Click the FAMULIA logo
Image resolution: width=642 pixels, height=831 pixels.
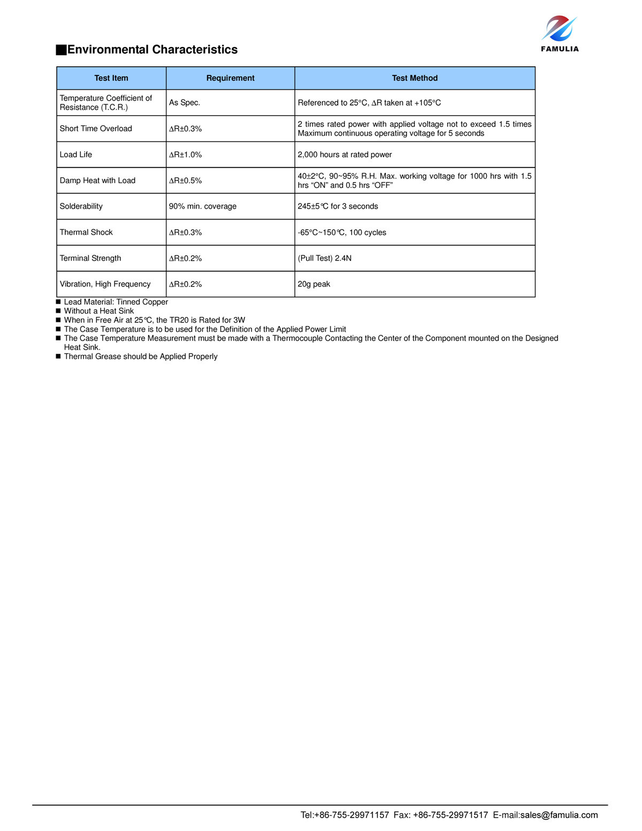[560, 34]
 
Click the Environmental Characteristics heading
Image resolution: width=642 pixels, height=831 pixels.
[152, 50]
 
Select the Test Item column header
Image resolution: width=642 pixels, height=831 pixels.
[111, 78]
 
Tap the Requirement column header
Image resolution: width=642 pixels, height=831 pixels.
[230, 78]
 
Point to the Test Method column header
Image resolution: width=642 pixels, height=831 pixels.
[415, 78]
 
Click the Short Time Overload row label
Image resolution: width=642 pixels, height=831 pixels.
[96, 129]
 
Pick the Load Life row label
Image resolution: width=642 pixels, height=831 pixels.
[76, 155]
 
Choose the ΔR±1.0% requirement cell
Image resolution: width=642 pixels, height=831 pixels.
[186, 155]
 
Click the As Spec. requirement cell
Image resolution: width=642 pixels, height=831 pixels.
[185, 103]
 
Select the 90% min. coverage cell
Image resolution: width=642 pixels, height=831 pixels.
[203, 206]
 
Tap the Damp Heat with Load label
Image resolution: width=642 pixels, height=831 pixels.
[97, 180]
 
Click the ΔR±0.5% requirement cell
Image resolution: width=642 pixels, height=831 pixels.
[186, 181]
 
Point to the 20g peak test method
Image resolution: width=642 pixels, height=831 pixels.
[314, 284]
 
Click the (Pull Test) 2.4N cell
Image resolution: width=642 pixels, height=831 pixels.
[325, 258]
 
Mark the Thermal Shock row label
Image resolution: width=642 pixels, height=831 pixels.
[86, 232]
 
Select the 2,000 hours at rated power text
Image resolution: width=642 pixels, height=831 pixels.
[345, 155]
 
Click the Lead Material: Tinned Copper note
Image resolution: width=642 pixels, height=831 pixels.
[116, 302]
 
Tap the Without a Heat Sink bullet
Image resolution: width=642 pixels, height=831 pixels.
[99, 311]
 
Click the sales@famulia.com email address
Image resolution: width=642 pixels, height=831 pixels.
[559, 815]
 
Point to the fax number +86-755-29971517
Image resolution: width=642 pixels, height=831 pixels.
[450, 815]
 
